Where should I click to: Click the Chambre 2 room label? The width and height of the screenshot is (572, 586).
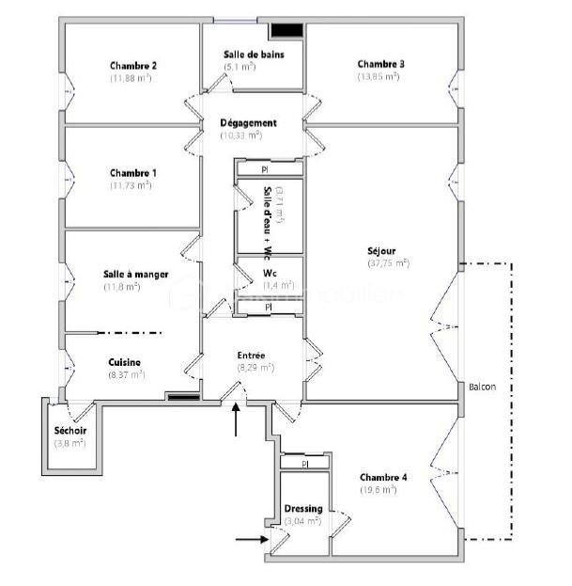point(132,66)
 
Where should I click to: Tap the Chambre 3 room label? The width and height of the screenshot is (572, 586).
point(380,64)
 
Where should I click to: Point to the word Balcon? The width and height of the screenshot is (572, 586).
point(482,387)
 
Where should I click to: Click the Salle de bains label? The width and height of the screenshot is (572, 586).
point(253,55)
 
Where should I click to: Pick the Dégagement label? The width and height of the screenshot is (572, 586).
point(248,123)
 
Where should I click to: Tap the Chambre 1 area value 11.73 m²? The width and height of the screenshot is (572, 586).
point(131,185)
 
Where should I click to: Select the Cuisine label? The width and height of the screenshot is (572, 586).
point(125,362)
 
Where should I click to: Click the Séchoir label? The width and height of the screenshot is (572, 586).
point(70,430)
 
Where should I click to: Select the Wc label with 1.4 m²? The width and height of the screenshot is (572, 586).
point(269,274)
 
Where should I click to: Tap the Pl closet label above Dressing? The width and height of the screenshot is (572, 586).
point(305,464)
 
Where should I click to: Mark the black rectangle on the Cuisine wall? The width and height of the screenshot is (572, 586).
point(180,396)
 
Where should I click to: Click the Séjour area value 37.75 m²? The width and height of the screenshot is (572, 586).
point(388,263)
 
